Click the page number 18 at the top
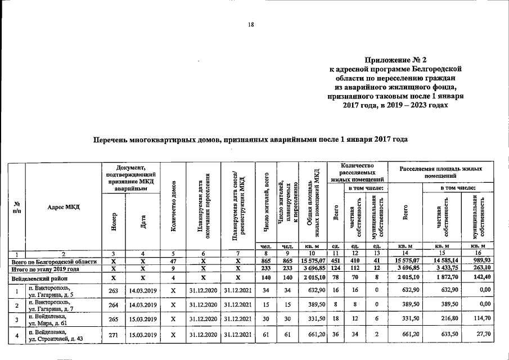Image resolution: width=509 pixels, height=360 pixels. tap(251, 24)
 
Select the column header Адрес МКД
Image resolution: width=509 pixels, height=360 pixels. tap(63, 207)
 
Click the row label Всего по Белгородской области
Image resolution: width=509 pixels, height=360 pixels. tap(55, 262)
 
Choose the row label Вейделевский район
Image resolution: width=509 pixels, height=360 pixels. tap(38, 278)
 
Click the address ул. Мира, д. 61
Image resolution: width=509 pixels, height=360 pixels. tap(49, 323)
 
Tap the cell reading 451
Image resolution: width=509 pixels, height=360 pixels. tap(335, 262)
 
